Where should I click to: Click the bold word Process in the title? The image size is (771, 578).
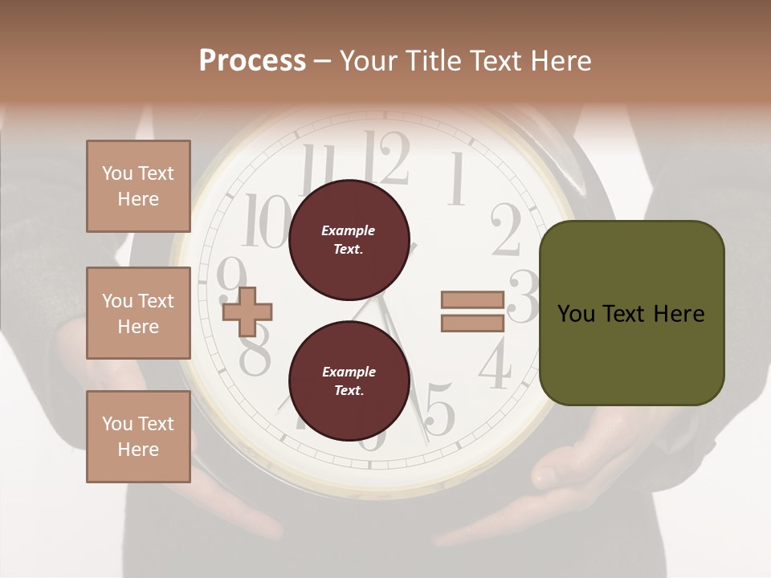[x=252, y=61]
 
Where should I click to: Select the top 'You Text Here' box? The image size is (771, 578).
[x=138, y=186]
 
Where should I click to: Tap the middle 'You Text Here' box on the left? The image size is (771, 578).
[x=138, y=313]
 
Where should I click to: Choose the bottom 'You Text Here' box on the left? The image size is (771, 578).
[x=138, y=437]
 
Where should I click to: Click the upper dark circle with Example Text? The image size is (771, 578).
[x=349, y=239]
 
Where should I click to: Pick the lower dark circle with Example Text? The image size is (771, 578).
[x=349, y=381]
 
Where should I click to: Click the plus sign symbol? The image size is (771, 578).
[x=247, y=311]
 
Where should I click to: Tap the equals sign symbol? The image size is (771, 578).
[x=472, y=311]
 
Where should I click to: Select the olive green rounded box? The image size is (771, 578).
[x=631, y=313]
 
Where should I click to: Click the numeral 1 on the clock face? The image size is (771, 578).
[x=456, y=178]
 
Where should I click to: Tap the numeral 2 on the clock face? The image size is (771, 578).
[x=506, y=229]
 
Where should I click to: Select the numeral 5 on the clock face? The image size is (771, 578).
[x=439, y=409]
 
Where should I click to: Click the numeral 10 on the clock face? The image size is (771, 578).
[x=266, y=222]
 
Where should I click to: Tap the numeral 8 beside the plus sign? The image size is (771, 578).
[x=255, y=356]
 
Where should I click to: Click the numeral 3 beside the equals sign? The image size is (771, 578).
[x=524, y=297]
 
